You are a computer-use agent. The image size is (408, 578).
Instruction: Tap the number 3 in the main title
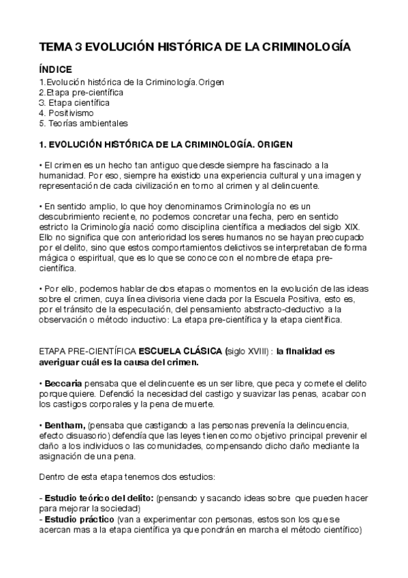pos(82,47)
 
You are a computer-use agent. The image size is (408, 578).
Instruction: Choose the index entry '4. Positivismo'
pos(66,112)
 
